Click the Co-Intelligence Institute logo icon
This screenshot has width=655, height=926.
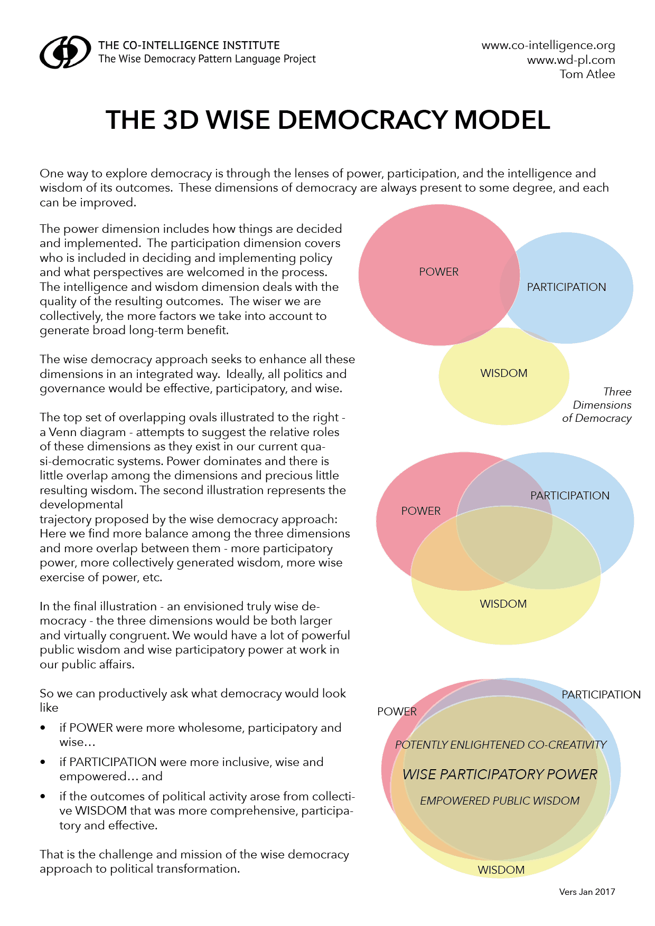(65, 52)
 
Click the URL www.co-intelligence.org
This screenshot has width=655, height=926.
(548, 45)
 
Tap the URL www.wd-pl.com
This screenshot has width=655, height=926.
(570, 60)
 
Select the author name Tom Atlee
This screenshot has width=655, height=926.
(587, 74)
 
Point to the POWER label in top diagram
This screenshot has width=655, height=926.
(438, 272)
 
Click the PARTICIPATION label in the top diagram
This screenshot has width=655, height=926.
(566, 287)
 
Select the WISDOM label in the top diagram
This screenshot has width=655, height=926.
(503, 373)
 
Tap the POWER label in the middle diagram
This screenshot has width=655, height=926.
(420, 511)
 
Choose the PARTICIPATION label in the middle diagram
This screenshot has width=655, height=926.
(569, 496)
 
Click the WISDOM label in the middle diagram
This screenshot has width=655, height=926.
(503, 604)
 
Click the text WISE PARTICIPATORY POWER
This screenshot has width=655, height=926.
(500, 774)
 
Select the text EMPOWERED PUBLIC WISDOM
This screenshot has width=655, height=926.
(500, 801)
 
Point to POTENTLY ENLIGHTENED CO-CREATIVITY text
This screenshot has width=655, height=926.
(501, 745)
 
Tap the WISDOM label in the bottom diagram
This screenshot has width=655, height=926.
(501, 870)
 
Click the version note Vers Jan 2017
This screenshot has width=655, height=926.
(587, 892)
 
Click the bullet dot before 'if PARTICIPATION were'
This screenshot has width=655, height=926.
(43, 762)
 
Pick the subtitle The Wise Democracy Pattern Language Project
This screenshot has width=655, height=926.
(207, 59)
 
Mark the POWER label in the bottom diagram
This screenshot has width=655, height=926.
(397, 712)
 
